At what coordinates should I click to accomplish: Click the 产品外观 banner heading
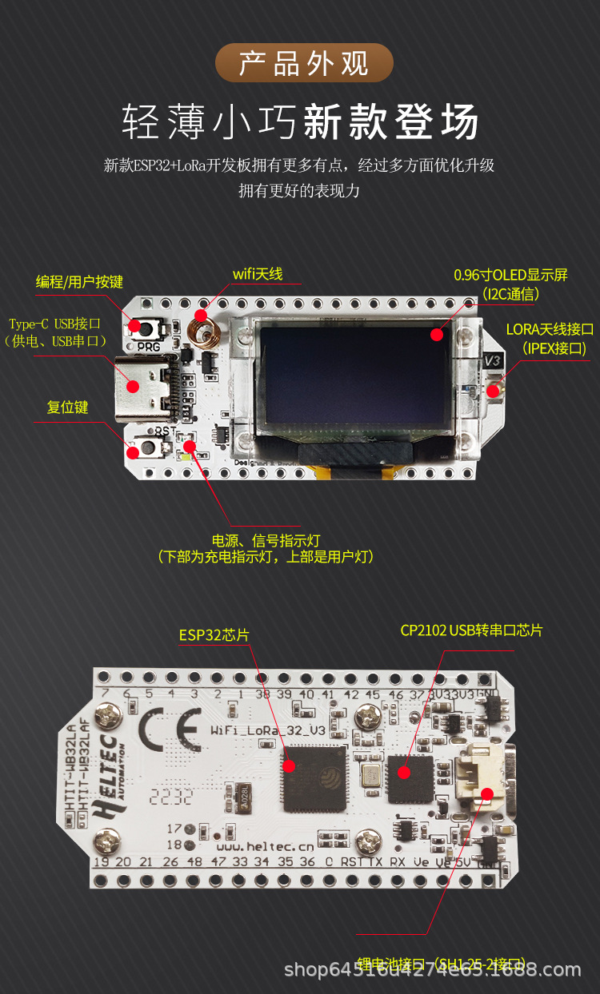coord(304,63)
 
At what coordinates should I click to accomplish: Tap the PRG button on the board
coord(149,328)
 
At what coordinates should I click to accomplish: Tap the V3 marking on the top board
coord(493,361)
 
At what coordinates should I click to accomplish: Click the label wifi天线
coord(258,274)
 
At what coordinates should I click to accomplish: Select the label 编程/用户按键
coord(79,282)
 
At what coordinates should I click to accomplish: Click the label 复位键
coord(67,407)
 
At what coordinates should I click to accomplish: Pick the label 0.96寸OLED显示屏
coord(510,275)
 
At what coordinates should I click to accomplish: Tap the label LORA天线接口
coord(550,329)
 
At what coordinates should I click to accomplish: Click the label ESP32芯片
coord(214,635)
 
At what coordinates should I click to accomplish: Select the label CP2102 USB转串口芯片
coord(471,630)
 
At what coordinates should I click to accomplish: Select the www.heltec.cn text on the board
coord(265,845)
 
